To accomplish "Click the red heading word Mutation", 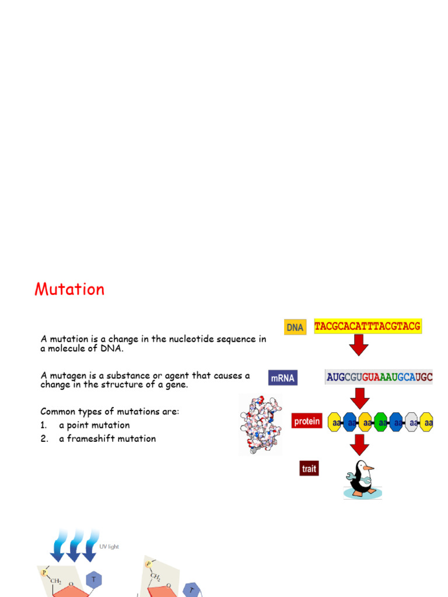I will click(69, 289).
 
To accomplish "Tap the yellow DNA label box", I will click(295, 327).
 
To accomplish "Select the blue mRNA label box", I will click(283, 378).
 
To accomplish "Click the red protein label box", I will click(307, 420).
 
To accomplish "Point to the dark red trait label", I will click(309, 468).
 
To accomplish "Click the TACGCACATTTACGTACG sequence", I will click(367, 326).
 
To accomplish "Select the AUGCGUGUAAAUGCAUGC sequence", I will click(379, 377).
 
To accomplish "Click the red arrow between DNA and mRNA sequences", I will click(359, 347).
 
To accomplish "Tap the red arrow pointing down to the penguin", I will click(359, 446).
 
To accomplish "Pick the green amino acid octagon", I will click(382, 422).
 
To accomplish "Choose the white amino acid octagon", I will click(412, 422).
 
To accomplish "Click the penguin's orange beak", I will click(368, 468).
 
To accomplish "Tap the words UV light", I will click(109, 546).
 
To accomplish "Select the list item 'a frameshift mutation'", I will click(107, 438).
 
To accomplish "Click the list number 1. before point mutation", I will click(44, 425).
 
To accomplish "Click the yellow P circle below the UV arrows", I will click(44, 573).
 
